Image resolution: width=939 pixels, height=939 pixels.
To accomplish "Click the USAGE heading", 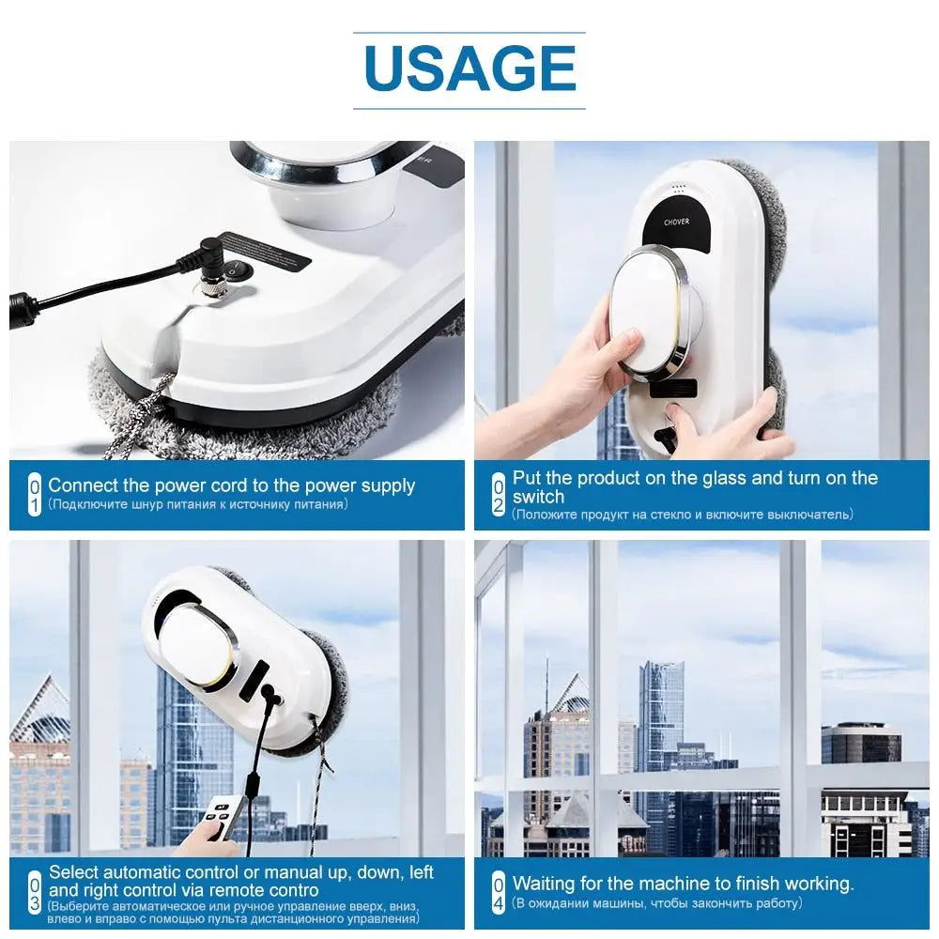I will [469, 69].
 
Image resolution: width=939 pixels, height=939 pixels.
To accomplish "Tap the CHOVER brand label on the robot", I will [677, 221].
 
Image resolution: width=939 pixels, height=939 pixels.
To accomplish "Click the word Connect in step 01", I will [82, 485].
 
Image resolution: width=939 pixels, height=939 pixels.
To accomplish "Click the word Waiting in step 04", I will [545, 884].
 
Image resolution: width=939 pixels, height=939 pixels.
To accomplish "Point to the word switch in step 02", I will [539, 497].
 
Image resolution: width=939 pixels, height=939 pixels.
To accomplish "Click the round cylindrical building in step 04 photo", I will [861, 745].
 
